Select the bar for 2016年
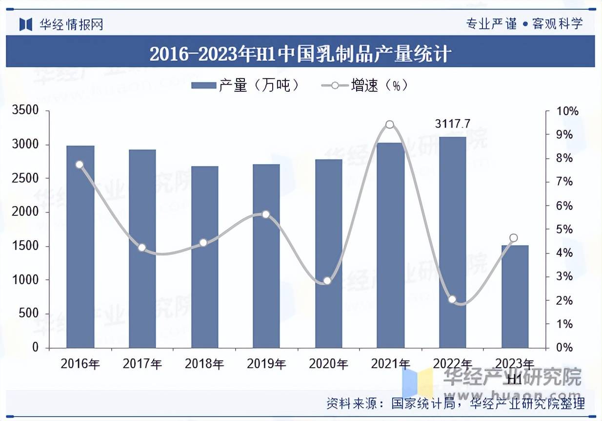point(80,247)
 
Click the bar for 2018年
point(204,257)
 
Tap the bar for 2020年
point(328,253)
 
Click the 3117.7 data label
point(452,124)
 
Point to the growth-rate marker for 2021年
point(389,125)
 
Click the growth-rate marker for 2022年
point(452,299)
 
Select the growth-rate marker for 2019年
point(266,214)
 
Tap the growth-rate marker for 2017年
point(142,248)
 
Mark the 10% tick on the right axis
point(568,111)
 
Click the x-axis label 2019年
point(266,364)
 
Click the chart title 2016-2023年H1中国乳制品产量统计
point(301,53)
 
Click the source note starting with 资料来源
point(455,403)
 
